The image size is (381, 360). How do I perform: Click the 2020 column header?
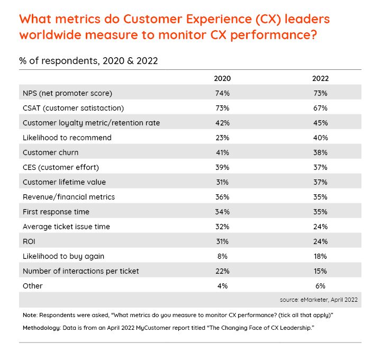tap(222, 78)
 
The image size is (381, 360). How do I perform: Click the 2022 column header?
tap(320, 78)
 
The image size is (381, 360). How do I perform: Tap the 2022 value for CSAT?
tap(320, 108)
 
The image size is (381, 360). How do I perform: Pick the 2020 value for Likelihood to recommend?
tap(222, 138)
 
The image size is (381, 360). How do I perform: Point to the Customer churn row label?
tap(50, 152)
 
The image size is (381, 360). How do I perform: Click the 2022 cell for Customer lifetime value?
tap(320, 182)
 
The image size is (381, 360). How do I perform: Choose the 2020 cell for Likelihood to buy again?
tap(222, 256)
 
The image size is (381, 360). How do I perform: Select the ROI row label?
tap(29, 241)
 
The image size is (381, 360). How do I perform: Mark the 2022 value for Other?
tap(320, 286)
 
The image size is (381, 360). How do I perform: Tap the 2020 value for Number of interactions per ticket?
tap(222, 271)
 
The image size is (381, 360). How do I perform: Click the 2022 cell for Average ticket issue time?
tap(320, 227)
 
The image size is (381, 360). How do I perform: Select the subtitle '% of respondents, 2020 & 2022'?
tap(88, 60)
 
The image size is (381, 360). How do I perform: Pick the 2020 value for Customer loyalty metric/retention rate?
tap(222, 123)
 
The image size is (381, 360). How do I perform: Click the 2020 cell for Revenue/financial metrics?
tap(222, 197)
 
